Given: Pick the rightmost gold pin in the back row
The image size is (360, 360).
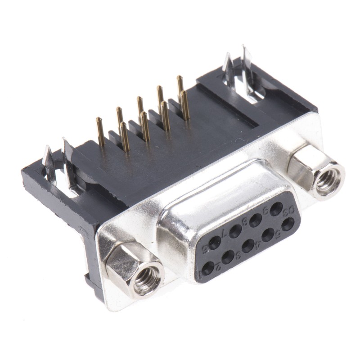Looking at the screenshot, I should pos(180,85).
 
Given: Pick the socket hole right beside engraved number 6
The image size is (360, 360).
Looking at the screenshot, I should pos(215,243).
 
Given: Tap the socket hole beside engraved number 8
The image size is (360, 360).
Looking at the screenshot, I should pos(256,220).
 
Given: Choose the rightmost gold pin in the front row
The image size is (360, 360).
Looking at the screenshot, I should pos(185,106).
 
